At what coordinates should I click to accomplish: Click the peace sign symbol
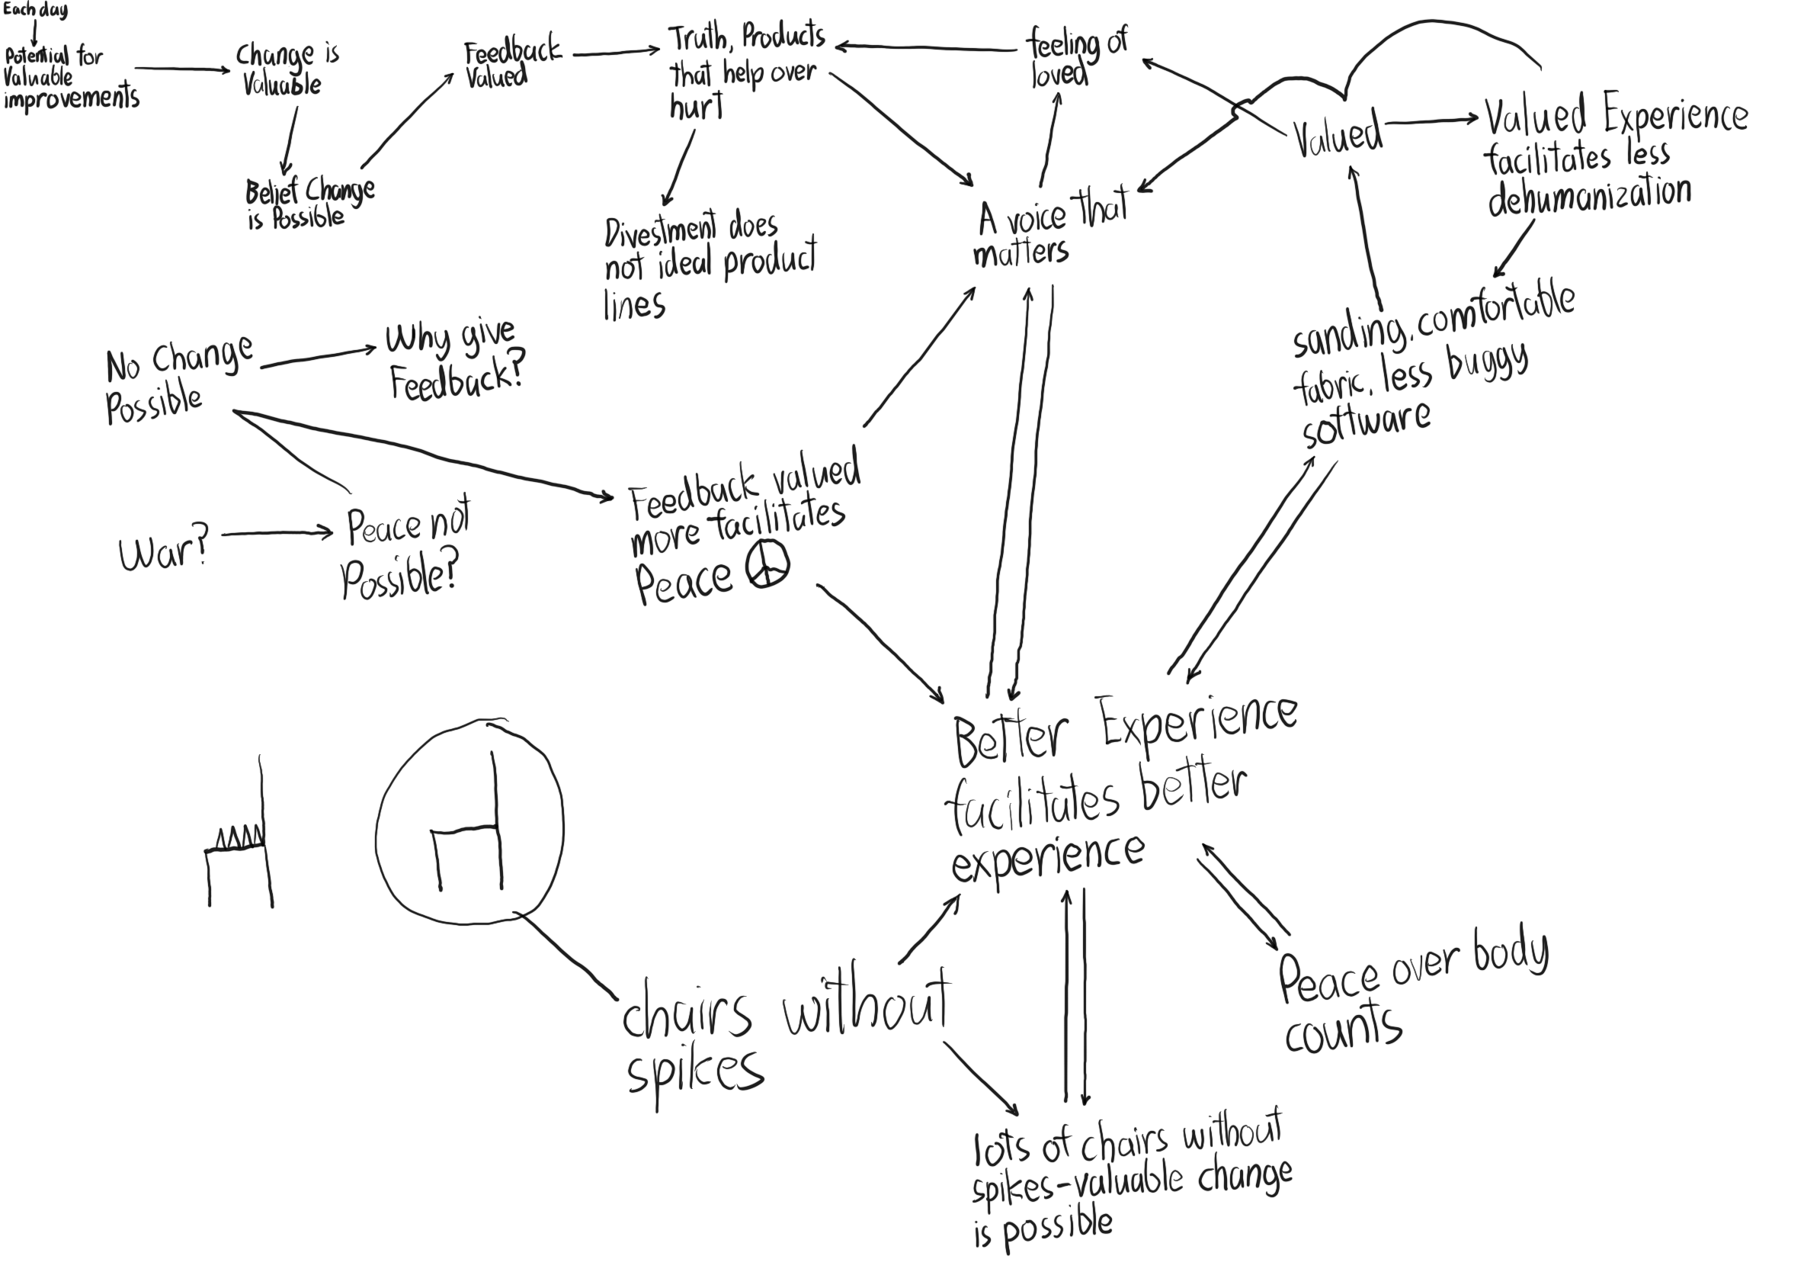[767, 565]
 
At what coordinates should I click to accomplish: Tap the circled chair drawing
[469, 824]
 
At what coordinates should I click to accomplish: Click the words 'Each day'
[35, 11]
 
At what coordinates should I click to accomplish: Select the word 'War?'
[163, 551]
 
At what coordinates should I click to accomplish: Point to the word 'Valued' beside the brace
[1338, 137]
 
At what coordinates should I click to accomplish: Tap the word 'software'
[1366, 424]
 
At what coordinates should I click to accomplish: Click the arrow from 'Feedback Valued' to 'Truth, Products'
[615, 53]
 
